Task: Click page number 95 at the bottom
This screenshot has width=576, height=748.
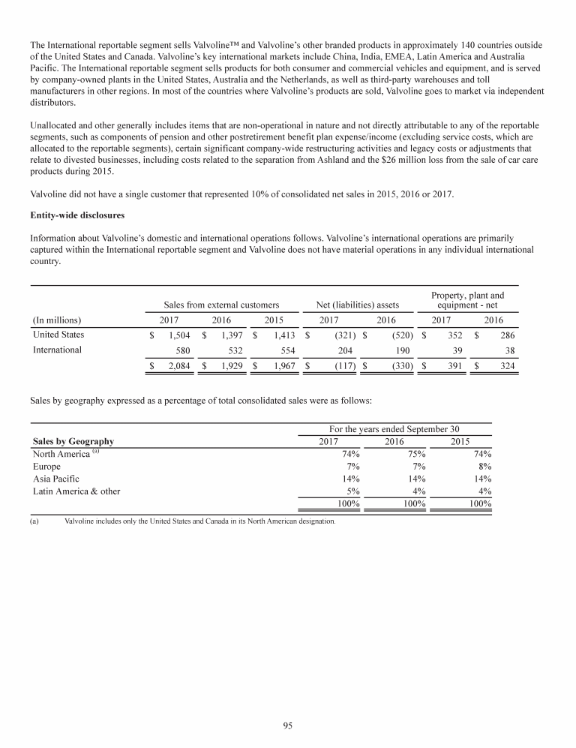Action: [288, 725]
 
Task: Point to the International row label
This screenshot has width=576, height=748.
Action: [57, 350]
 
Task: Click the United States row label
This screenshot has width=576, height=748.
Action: [58, 335]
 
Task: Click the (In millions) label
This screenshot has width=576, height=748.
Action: [57, 320]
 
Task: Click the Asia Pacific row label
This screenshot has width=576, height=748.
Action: [56, 479]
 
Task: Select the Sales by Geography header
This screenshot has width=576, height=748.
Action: [73, 441]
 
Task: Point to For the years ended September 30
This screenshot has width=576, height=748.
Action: [394, 428]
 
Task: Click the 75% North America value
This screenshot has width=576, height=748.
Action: [416, 453]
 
